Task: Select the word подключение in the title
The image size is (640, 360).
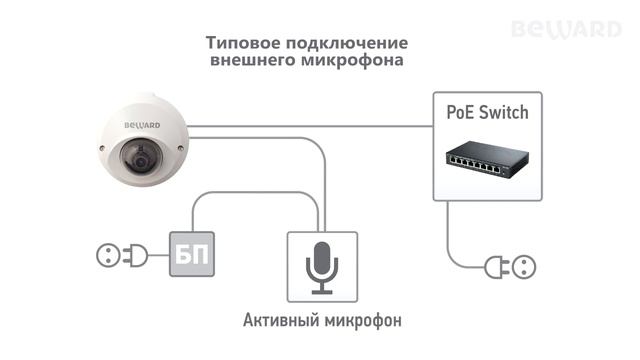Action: click(x=349, y=44)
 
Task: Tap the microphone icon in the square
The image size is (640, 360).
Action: click(x=321, y=267)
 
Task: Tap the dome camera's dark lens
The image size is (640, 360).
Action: click(x=138, y=159)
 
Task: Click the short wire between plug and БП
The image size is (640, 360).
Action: click(x=158, y=257)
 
